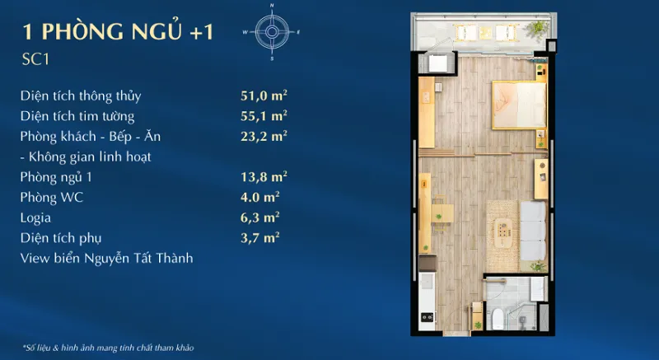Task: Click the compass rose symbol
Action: (272, 32)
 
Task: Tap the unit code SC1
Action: (35, 59)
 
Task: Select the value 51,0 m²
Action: (264, 96)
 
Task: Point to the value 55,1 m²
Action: (264, 115)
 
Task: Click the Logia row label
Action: (35, 217)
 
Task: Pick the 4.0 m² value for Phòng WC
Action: (260, 197)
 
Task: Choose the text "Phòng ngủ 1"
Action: (56, 177)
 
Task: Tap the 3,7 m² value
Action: (260, 238)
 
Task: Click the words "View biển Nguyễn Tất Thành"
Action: (107, 258)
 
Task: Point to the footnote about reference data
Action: (108, 348)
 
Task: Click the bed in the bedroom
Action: (519, 105)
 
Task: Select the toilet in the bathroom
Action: (498, 318)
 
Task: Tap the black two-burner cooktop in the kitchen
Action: (428, 317)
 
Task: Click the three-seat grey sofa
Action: (533, 231)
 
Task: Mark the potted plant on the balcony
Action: (538, 29)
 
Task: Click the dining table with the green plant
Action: (442, 213)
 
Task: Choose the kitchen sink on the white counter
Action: (426, 281)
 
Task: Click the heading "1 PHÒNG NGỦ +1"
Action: (118, 32)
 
